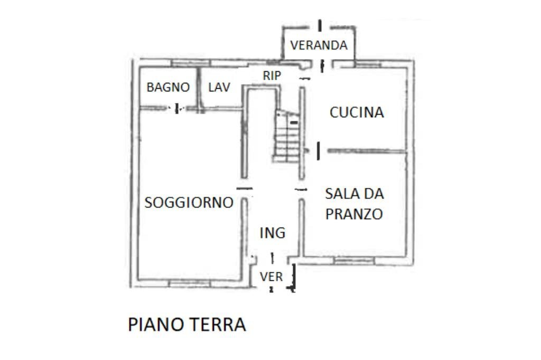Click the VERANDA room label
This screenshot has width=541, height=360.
pos(319,45)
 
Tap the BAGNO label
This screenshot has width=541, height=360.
pos(168,88)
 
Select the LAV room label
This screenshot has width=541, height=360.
pos(219,88)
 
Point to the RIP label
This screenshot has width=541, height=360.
pos(272,76)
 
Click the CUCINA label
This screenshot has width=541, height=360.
pos(357,112)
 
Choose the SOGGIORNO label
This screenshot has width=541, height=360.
pos(189,203)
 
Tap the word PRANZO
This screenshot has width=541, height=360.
pos(354,214)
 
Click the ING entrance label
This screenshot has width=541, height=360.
pos(272,233)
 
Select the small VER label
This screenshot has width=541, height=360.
pos(271,277)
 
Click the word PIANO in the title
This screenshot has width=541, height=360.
pos(155,324)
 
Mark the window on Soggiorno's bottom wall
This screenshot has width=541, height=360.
pos(189,284)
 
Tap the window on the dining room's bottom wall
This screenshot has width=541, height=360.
pos(354,261)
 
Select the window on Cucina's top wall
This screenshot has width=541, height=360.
pos(368,64)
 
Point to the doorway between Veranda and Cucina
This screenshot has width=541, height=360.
pos(321,64)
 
